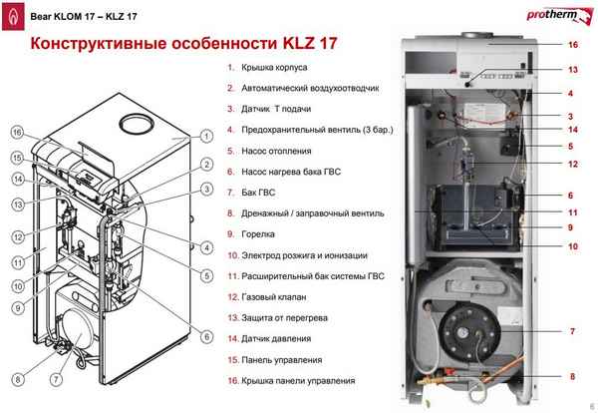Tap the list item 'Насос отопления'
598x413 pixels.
275,151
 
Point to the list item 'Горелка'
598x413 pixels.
259,234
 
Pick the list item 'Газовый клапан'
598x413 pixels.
273,297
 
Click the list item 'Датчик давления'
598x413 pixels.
278,339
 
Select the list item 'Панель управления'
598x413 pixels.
281,360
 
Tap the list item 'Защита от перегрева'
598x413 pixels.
284,318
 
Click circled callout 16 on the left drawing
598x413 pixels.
17,133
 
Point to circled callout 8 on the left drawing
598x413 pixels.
17,379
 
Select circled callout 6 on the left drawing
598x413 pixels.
204,337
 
